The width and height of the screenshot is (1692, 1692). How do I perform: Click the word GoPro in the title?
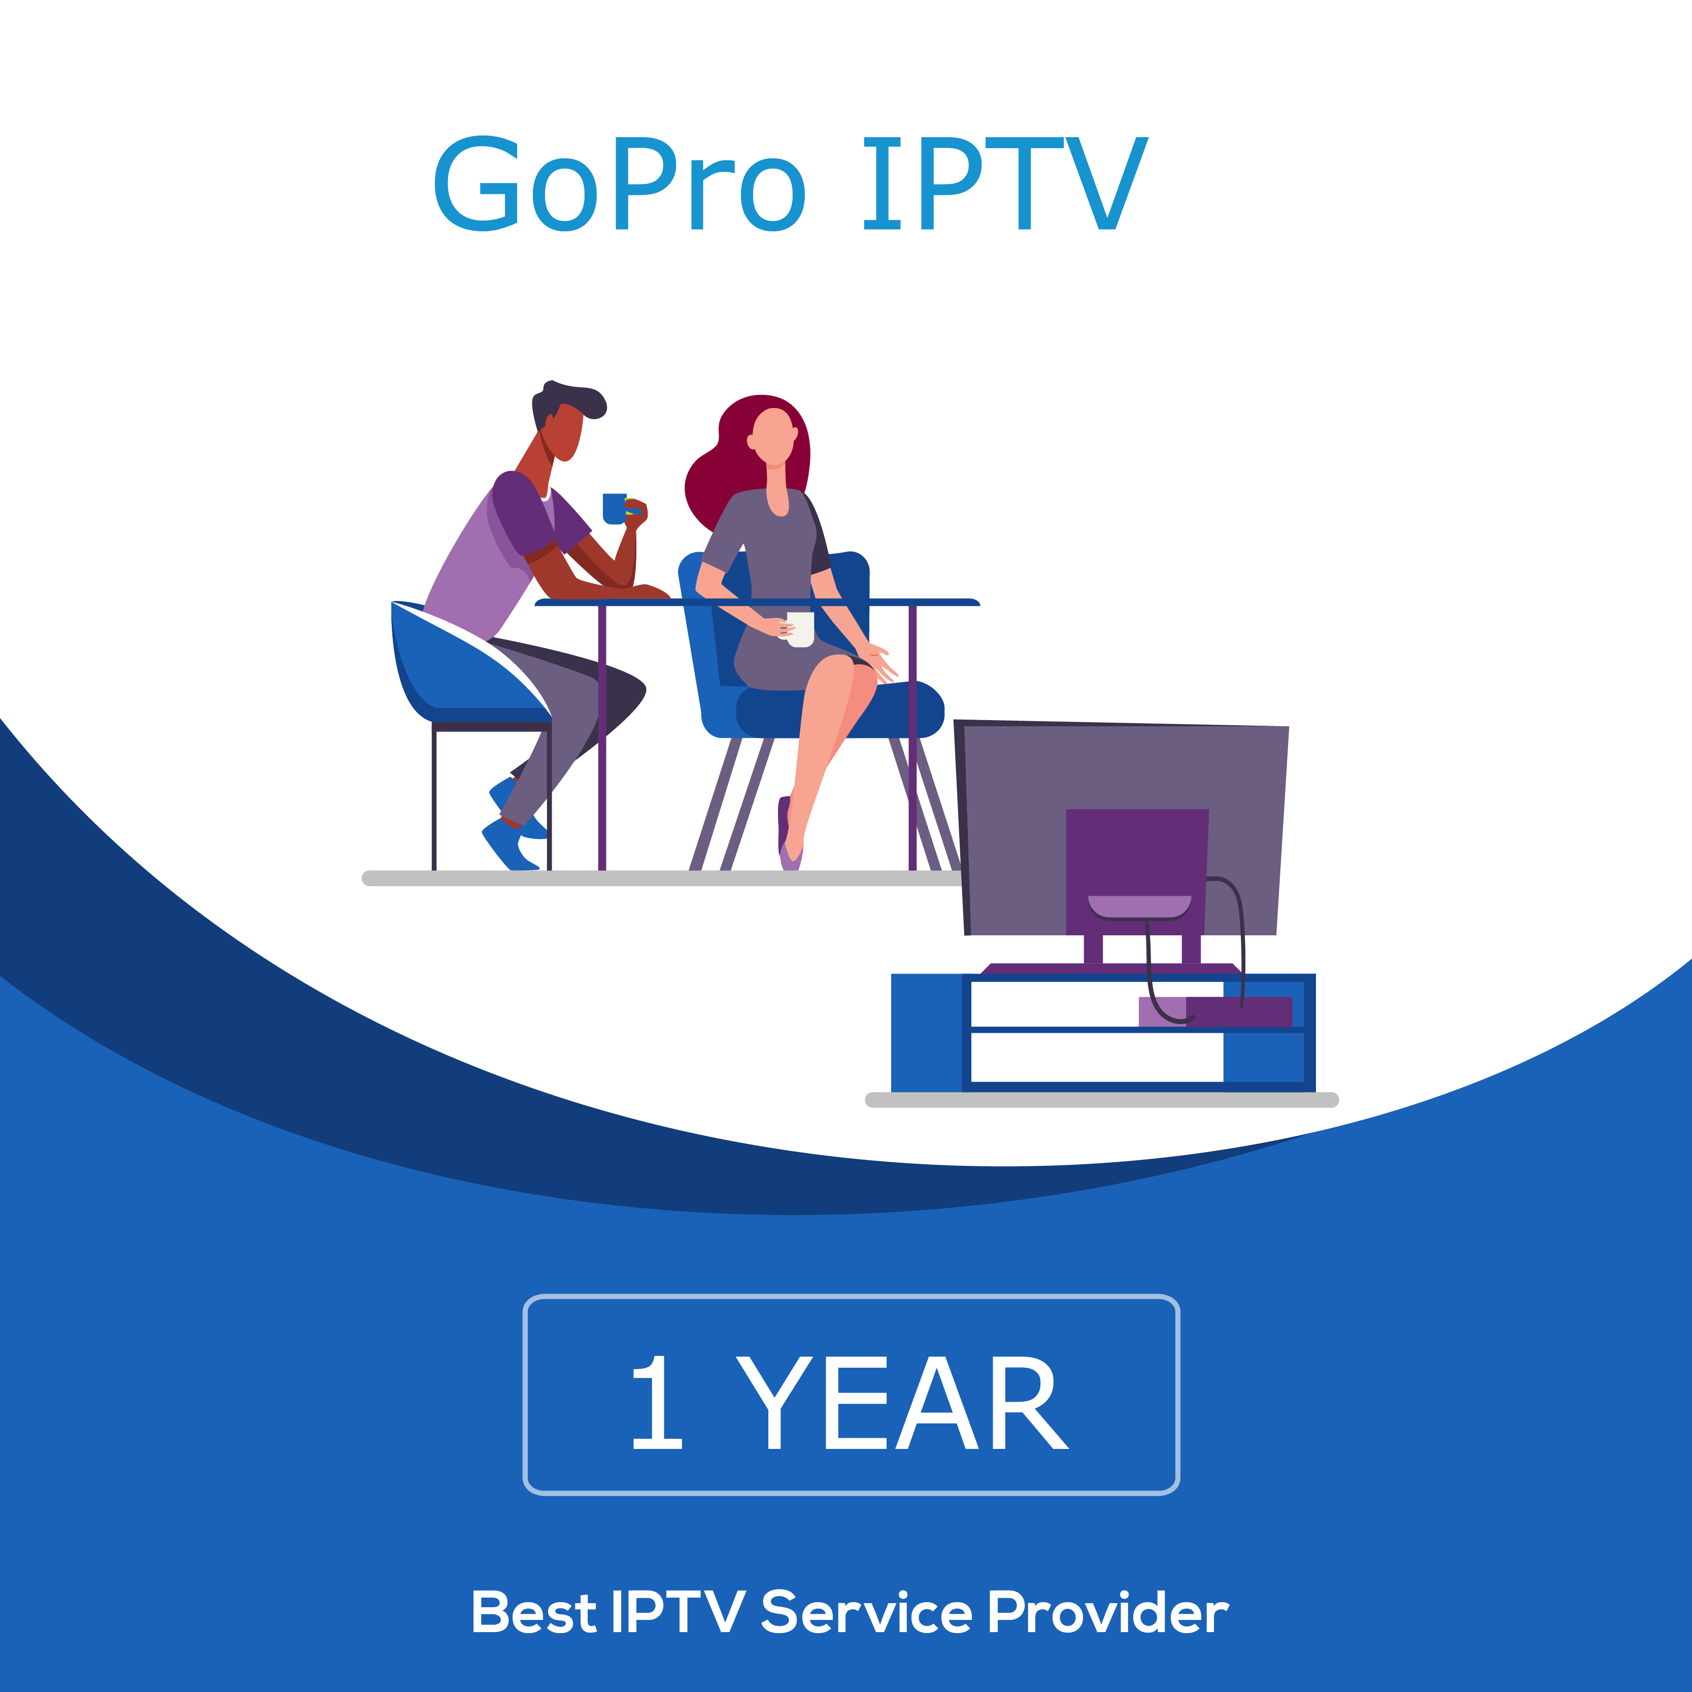click(x=619, y=184)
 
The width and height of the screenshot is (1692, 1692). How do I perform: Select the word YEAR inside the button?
click(x=901, y=1403)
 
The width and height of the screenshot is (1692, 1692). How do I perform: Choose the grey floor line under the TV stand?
click(x=1102, y=1100)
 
